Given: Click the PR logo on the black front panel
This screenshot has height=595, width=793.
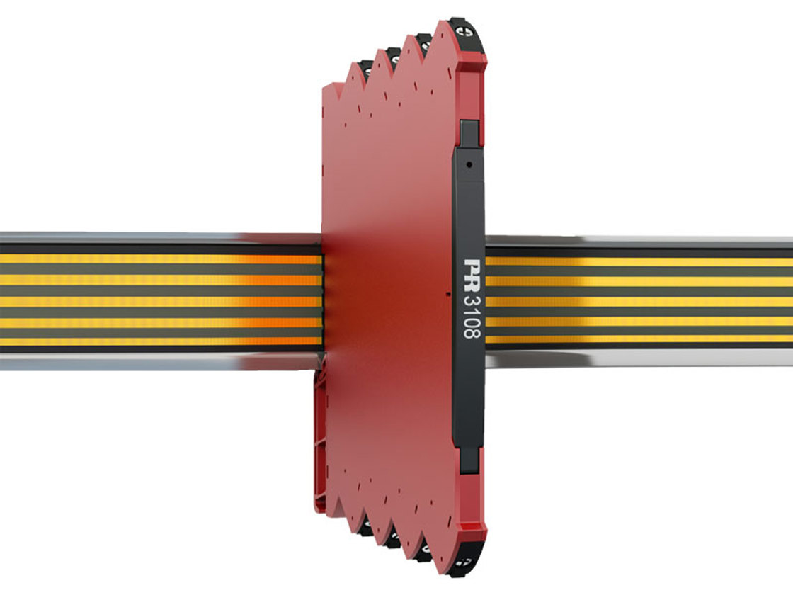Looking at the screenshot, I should (x=469, y=272).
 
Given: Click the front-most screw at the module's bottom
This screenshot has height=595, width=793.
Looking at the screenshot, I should (x=468, y=562).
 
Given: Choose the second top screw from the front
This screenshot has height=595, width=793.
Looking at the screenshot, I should (x=424, y=41).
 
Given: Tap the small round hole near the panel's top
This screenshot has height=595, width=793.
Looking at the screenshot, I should (x=469, y=164).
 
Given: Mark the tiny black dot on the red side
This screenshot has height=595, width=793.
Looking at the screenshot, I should (x=450, y=291).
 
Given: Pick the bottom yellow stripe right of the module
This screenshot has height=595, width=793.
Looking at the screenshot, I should (x=637, y=339).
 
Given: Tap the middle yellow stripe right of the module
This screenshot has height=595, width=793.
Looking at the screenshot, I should (x=637, y=301).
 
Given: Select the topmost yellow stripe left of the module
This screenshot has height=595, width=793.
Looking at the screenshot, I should (x=142, y=259).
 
